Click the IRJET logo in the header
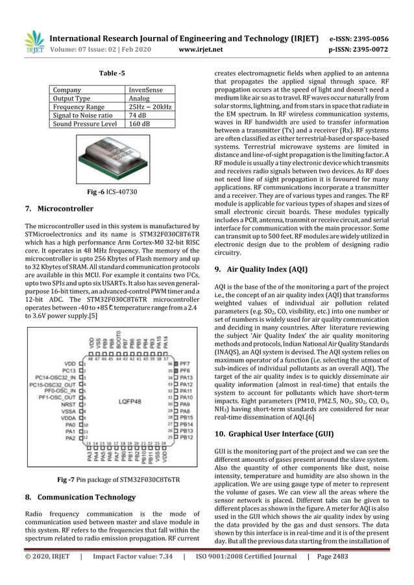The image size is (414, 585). click(34, 42)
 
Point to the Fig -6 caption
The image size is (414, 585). click(110, 192)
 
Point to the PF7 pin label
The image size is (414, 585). click(184, 365)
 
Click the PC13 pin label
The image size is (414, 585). click(67, 374)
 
